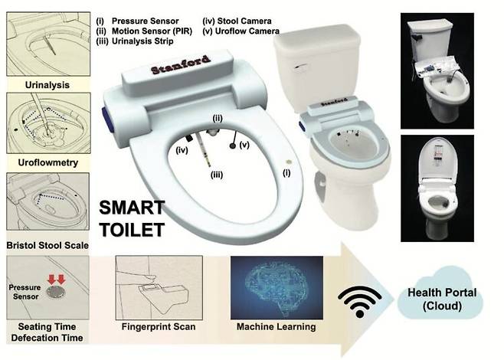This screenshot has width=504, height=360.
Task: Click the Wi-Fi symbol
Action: (360, 301)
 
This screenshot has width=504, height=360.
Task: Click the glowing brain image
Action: (277, 288)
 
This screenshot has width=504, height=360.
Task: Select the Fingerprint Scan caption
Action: (159, 327)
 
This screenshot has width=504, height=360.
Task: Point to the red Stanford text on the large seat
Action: (181, 64)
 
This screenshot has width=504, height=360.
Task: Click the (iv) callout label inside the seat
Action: (182, 150)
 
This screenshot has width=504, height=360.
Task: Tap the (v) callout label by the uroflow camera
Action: (244, 145)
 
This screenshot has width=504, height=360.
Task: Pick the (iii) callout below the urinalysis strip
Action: (217, 175)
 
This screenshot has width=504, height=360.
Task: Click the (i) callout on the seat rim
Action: (286, 173)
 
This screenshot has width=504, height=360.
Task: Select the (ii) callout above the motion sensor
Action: (218, 118)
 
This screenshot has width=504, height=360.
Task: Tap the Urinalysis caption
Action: (47, 85)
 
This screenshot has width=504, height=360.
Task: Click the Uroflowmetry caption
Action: (48, 162)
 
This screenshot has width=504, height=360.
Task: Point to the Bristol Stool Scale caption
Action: (47, 246)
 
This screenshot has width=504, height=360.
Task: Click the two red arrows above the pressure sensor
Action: (56, 280)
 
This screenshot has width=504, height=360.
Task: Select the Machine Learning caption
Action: (276, 327)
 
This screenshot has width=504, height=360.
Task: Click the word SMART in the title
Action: (132, 208)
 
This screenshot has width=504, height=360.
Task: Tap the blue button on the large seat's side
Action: (106, 118)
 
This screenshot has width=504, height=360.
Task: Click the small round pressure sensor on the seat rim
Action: (288, 162)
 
